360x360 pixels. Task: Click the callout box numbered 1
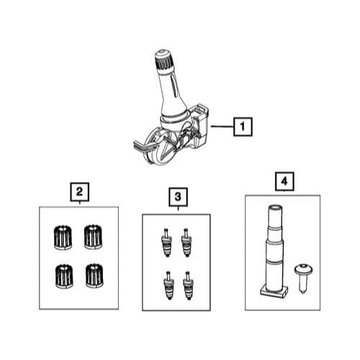[243, 127]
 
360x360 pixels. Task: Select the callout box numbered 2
[79, 192]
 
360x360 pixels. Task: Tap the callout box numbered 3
[178, 197]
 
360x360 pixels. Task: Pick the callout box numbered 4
[284, 181]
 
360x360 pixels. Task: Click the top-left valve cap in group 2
[62, 238]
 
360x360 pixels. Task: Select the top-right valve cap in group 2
[93, 237]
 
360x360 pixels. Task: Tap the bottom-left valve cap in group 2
[63, 276]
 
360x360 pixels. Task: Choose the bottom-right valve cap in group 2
[94, 276]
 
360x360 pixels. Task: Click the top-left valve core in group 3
[166, 243]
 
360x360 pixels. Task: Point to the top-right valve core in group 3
[186, 243]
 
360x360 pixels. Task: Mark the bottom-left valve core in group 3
[168, 285]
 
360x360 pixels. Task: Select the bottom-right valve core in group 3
[189, 285]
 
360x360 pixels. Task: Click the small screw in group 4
[303, 278]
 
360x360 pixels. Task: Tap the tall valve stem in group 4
[274, 251]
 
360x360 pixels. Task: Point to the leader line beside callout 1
[222, 126]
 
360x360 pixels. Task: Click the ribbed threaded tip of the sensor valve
[164, 60]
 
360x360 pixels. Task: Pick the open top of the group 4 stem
[275, 207]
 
